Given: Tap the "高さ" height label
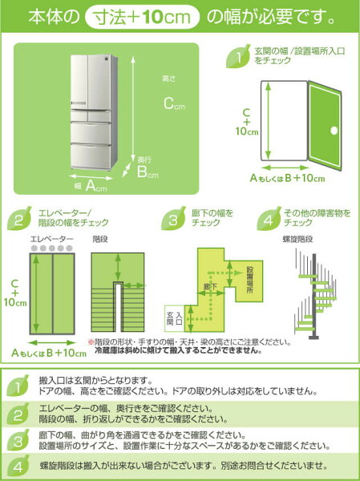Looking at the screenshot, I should pyautogui.click(x=168, y=79).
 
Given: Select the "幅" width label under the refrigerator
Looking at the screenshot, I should pyautogui.click(x=78, y=185).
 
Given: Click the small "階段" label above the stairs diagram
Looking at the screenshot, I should pyautogui.click(x=100, y=239).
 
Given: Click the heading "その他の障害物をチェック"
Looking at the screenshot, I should pyautogui.click(x=308, y=217).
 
